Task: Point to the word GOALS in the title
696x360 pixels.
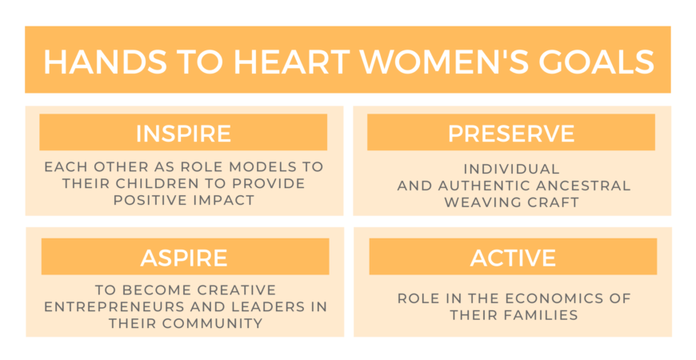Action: point(596,62)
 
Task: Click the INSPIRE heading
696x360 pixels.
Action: point(183,133)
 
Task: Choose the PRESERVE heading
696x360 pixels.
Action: point(511,133)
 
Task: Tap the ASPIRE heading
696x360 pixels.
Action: point(184,258)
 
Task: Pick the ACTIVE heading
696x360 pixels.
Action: point(513,258)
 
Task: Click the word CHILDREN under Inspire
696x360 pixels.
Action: point(160,183)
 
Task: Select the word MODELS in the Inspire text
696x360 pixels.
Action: point(258,167)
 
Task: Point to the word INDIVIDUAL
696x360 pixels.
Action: point(511,169)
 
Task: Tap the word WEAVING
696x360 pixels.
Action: point(481,202)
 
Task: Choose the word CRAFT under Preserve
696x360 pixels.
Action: point(552,202)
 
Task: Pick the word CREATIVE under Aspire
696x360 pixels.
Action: point(237,290)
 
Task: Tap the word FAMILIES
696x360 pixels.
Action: point(536,315)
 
